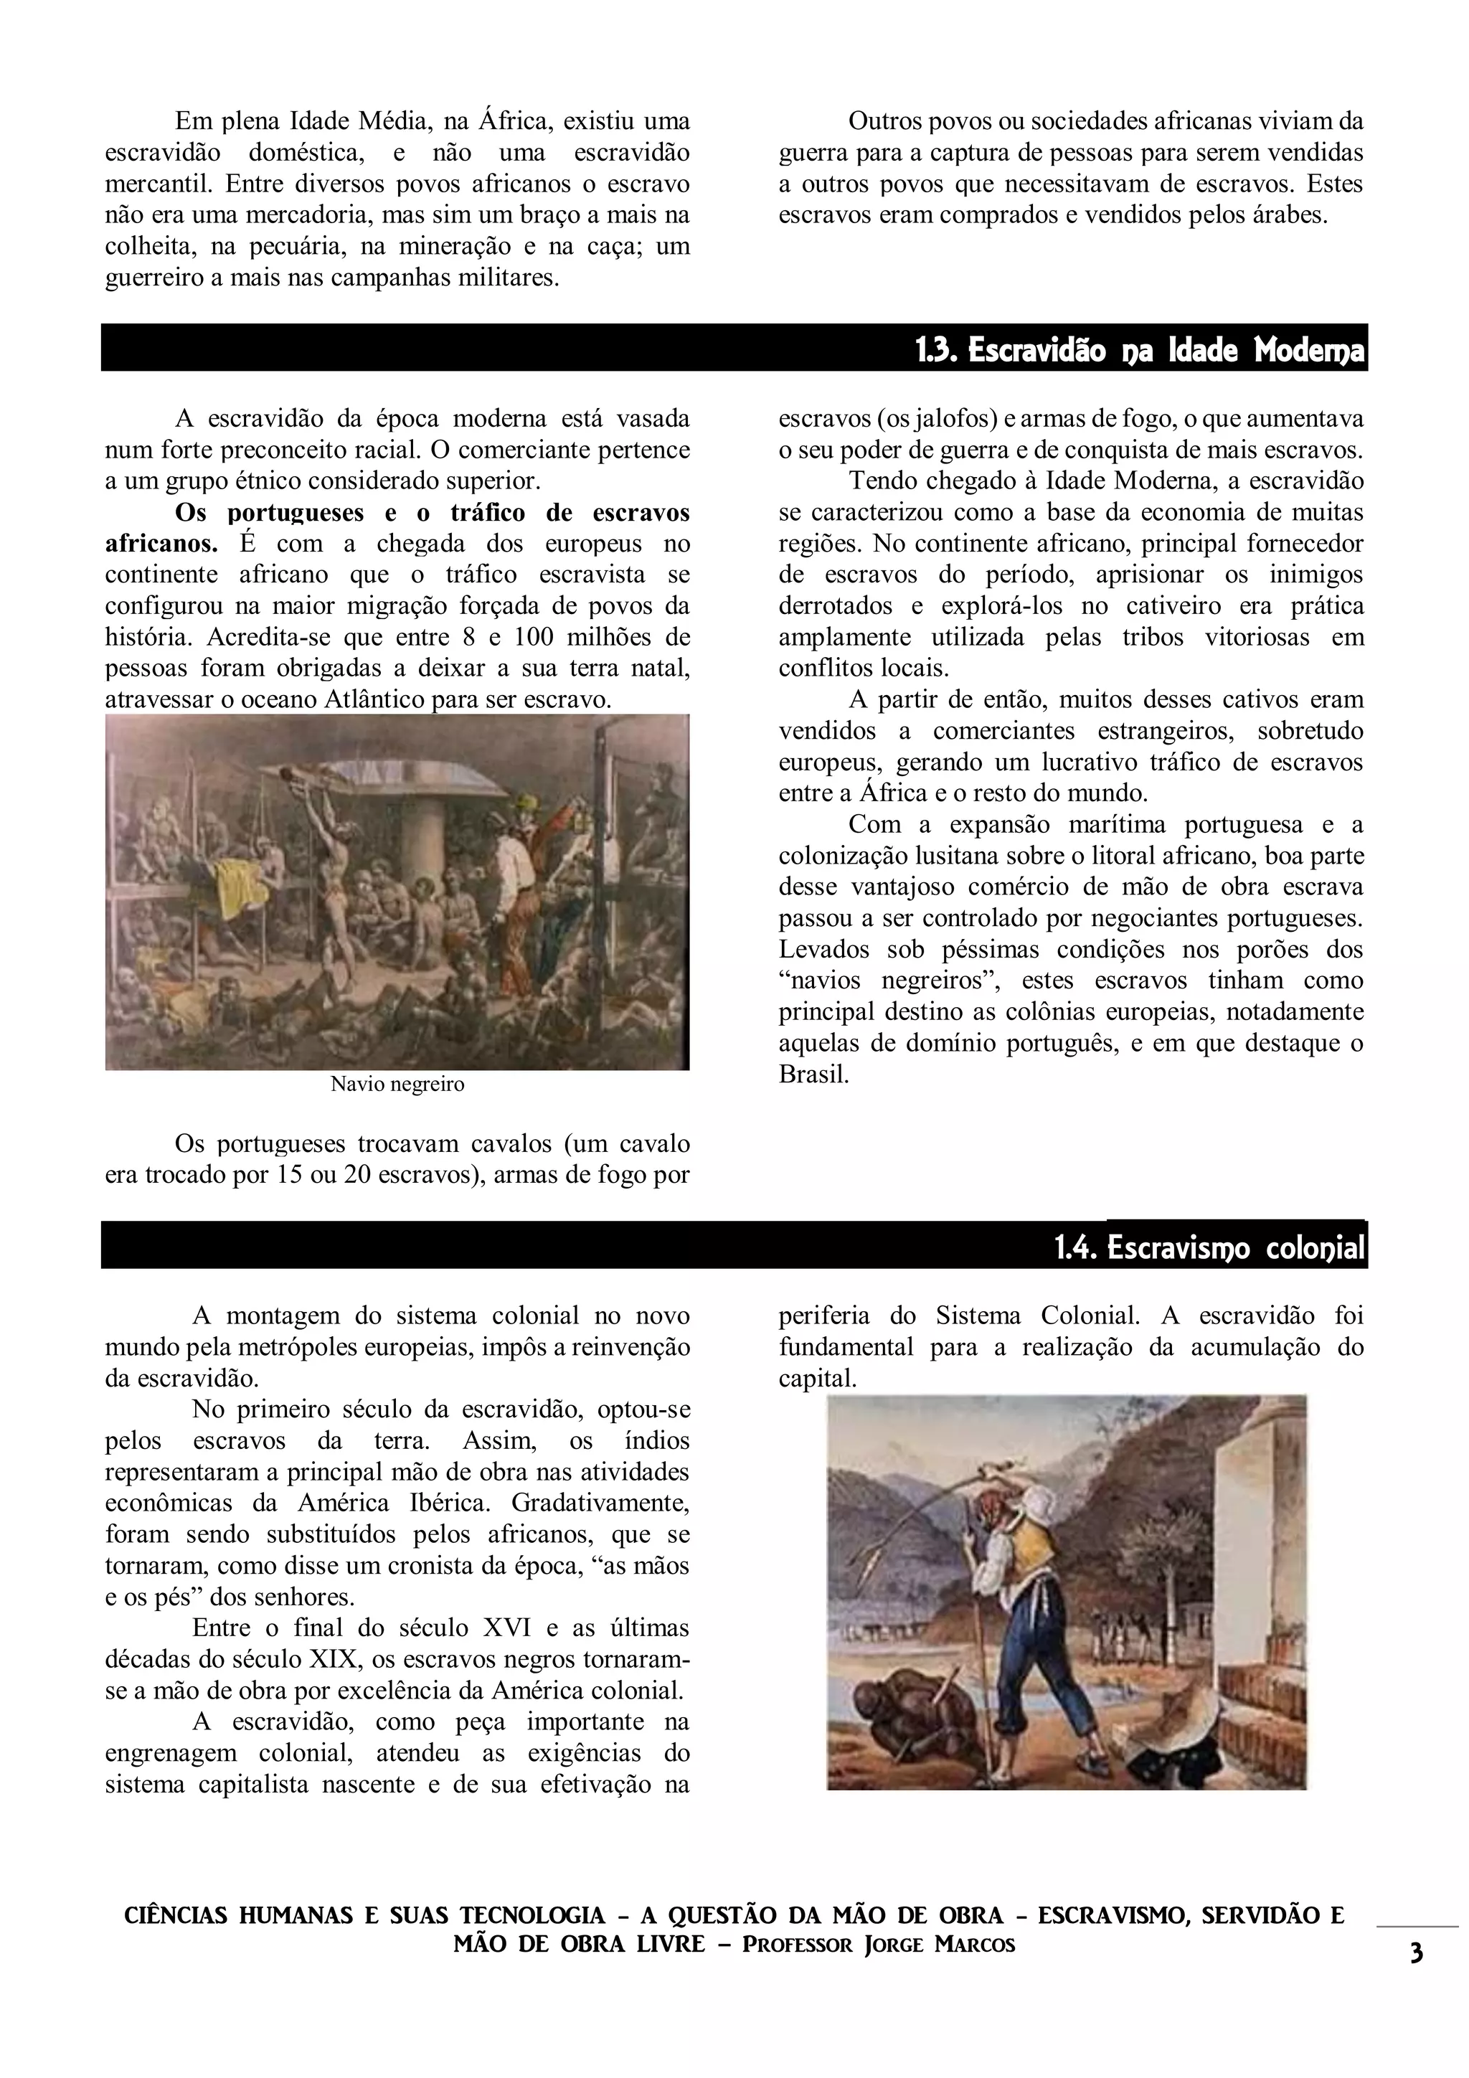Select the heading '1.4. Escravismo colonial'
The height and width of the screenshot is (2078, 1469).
tap(1209, 1250)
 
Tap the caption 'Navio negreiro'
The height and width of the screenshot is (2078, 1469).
tap(397, 1085)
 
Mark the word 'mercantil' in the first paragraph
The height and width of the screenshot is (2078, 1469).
tap(158, 184)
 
